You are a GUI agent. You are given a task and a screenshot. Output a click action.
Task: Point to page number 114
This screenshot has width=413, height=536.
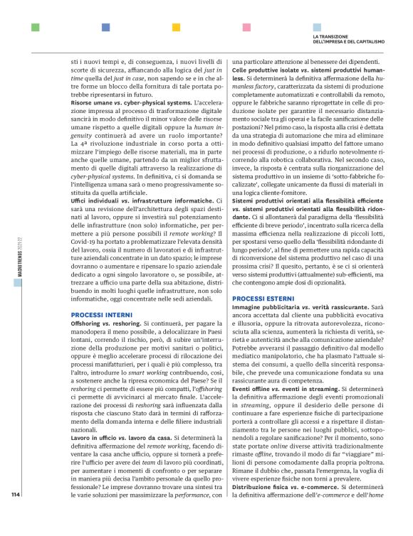click(x=16, y=514)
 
